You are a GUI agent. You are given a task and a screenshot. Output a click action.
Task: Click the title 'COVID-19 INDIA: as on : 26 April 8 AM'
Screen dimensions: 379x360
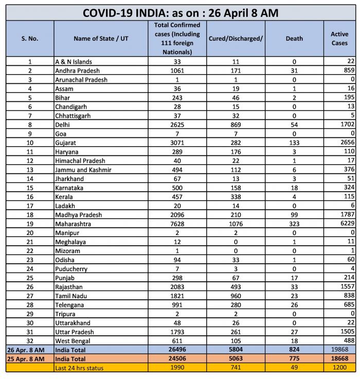(181, 12)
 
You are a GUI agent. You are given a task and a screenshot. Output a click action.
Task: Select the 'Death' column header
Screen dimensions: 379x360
(294, 39)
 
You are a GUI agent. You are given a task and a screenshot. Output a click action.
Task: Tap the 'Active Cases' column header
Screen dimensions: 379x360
(339, 39)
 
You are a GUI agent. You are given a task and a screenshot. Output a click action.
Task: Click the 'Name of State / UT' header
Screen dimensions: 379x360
(101, 39)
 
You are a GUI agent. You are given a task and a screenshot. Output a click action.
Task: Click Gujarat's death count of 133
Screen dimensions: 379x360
(294, 142)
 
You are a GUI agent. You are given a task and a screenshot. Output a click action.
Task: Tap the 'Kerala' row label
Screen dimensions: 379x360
(64, 196)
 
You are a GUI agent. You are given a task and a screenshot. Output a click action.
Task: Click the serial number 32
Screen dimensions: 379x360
(30, 340)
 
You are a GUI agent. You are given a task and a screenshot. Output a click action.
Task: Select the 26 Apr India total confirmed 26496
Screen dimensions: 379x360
(177, 350)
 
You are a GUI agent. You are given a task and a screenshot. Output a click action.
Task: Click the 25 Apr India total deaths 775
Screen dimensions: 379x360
(294, 358)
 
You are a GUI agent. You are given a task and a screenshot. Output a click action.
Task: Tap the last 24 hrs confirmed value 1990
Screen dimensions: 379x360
(177, 368)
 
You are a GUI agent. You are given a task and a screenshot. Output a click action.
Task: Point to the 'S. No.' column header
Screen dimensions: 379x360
(30, 39)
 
